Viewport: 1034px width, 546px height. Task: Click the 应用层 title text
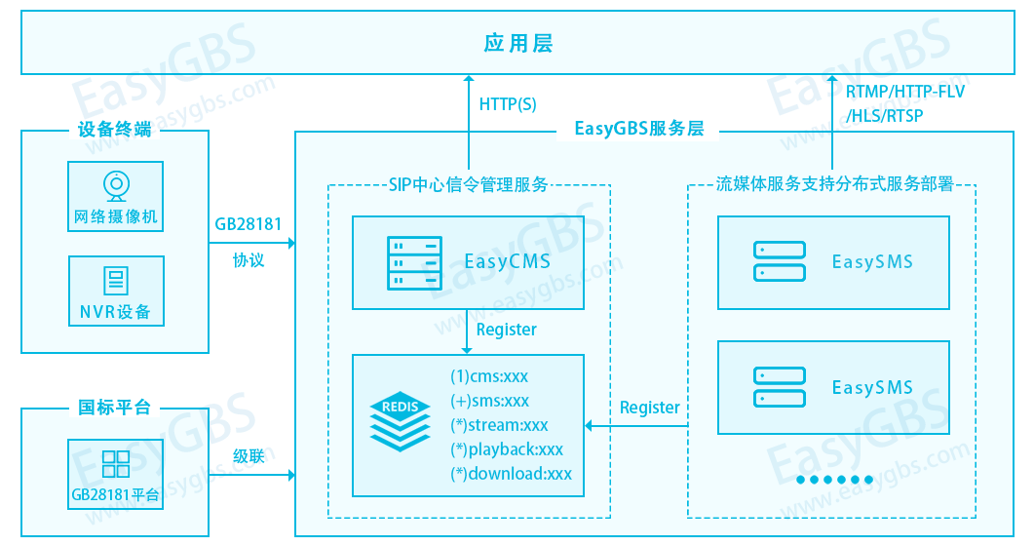click(517, 44)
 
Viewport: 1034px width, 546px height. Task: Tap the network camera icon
click(116, 185)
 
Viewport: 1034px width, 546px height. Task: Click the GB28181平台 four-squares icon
click(116, 463)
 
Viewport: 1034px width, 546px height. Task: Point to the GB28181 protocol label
click(249, 225)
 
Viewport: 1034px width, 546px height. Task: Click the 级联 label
click(249, 455)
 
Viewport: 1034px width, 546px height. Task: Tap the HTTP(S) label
click(508, 104)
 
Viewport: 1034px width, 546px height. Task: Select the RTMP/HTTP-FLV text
click(904, 93)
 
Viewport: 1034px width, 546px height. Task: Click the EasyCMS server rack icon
click(407, 261)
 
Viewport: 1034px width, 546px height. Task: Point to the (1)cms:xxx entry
click(489, 376)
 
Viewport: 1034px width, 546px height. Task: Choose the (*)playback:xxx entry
click(507, 449)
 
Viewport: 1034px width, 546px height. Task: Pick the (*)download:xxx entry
click(511, 474)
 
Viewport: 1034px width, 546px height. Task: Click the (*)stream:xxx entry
click(499, 425)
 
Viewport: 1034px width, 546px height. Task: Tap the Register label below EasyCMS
click(506, 330)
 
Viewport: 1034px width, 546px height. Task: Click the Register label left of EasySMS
click(650, 408)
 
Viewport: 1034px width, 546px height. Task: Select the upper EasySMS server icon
click(779, 261)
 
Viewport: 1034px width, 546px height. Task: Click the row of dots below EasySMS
click(834, 480)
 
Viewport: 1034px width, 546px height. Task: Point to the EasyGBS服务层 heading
click(638, 129)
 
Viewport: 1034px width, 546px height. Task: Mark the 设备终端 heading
click(115, 129)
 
